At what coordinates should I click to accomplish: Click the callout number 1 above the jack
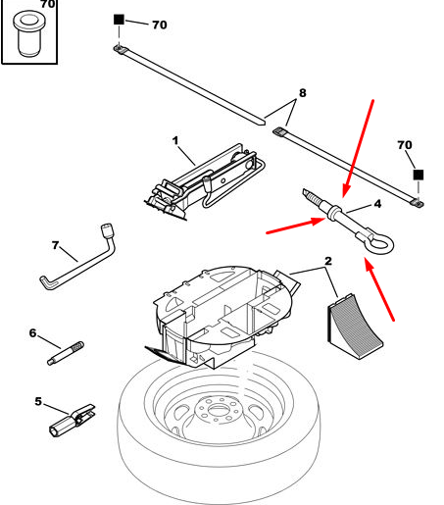coord(175,141)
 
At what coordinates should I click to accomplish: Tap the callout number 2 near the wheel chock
coord(328,261)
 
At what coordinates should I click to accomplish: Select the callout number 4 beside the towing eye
coord(377,204)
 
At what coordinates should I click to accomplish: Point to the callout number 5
coord(38,401)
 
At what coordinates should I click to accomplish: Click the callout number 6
coord(32,333)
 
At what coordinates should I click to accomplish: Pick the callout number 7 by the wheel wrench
coord(56,245)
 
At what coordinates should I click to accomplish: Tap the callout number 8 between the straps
coord(303,93)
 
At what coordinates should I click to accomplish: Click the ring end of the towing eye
coord(380,244)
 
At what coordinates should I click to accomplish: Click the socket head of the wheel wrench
coord(107,229)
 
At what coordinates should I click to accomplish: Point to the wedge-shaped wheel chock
coord(354,326)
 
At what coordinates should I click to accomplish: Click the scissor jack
coord(204,182)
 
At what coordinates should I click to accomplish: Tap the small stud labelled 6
coord(66,353)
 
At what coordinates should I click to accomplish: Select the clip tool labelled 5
coord(72,420)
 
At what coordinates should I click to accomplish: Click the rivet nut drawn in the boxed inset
coord(29,34)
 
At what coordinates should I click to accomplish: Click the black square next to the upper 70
coord(119,20)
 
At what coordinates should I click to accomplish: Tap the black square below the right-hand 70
coord(419,175)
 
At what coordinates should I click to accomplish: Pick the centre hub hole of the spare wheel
coord(218,408)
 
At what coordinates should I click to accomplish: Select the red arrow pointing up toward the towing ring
coord(379,289)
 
